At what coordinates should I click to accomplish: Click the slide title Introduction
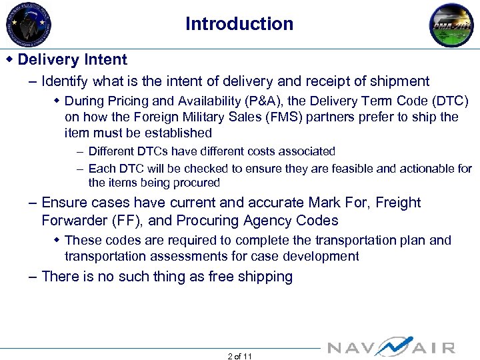pos(239,24)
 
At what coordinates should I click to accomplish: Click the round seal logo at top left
pos(29,25)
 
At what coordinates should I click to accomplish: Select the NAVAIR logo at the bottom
pos(391,347)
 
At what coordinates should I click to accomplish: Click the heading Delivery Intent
pos(72,59)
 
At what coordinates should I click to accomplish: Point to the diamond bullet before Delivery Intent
pos(9,59)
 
